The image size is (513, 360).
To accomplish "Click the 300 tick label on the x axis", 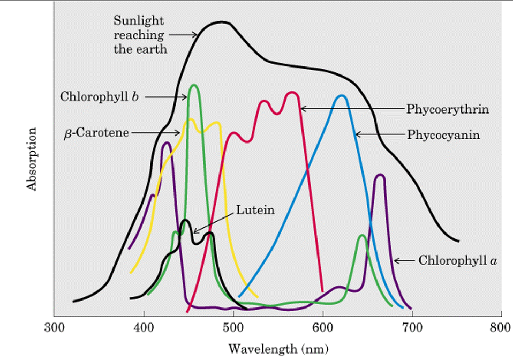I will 54,327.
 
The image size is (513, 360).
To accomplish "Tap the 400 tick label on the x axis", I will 144,327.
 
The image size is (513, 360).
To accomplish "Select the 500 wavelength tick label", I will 233,327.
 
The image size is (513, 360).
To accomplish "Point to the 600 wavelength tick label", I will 322,327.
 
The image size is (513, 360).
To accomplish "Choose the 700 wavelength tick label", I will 412,327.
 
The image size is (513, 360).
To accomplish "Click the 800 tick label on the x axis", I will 501,327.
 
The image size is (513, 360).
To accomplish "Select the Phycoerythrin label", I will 448,109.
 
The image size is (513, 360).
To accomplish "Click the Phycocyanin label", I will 443,134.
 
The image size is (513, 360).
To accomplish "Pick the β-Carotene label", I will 96,132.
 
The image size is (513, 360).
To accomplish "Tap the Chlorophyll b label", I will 99,97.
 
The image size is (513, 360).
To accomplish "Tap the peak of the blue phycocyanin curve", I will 341,96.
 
